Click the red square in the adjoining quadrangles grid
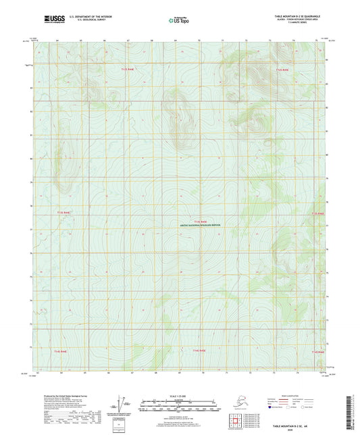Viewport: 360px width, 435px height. (x=238, y=421)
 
